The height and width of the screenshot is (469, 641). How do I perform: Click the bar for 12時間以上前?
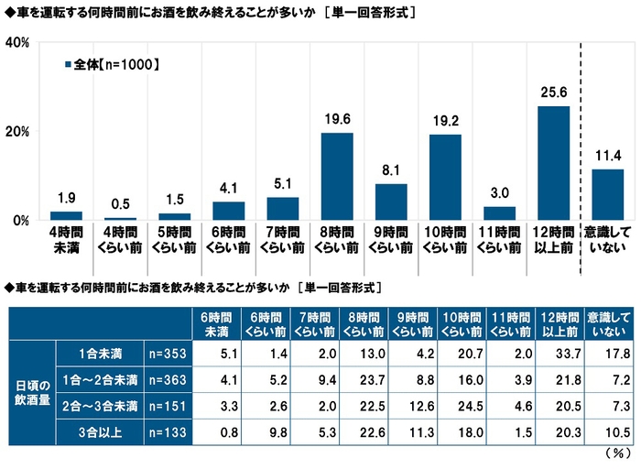point(553,163)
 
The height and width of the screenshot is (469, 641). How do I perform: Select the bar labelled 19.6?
point(337,177)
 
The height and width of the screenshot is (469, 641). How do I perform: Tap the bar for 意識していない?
point(607,194)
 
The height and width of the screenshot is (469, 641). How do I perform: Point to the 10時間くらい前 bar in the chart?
point(445,178)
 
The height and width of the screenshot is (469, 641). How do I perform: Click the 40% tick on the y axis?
point(19,43)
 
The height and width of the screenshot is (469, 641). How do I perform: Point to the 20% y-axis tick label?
point(19,132)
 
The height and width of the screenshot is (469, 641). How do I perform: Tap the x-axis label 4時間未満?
point(67,240)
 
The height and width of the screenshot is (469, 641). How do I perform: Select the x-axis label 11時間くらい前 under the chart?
point(499,240)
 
